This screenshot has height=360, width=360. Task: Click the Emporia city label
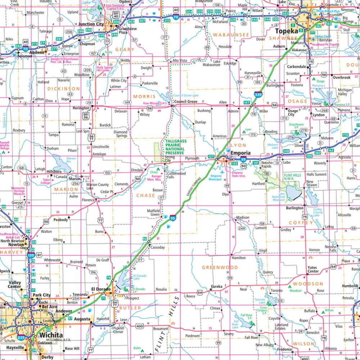click(240, 153)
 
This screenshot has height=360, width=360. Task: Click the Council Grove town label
click(185, 102)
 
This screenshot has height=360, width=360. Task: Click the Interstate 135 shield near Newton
click(30, 255)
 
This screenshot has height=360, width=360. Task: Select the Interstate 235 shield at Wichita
click(21, 338)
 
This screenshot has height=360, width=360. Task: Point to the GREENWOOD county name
click(220, 267)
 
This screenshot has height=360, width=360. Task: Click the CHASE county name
click(145, 195)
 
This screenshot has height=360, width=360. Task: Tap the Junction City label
click(91, 24)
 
